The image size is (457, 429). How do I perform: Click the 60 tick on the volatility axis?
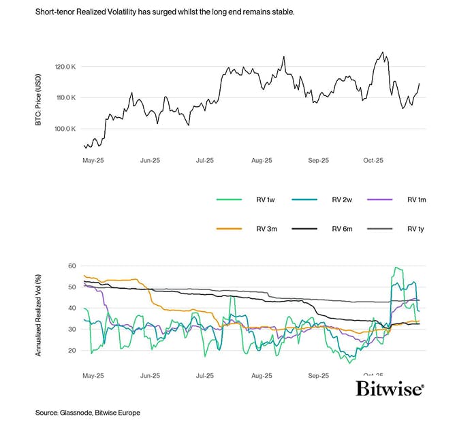(71, 266)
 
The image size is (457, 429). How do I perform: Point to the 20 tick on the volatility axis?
(71, 350)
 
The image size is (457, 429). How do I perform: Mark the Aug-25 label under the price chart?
(262, 161)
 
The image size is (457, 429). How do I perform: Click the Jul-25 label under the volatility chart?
(205, 375)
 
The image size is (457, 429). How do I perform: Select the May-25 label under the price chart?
(93, 161)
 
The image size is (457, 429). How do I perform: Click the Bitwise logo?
(390, 389)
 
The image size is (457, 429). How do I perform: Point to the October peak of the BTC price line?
(383, 52)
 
